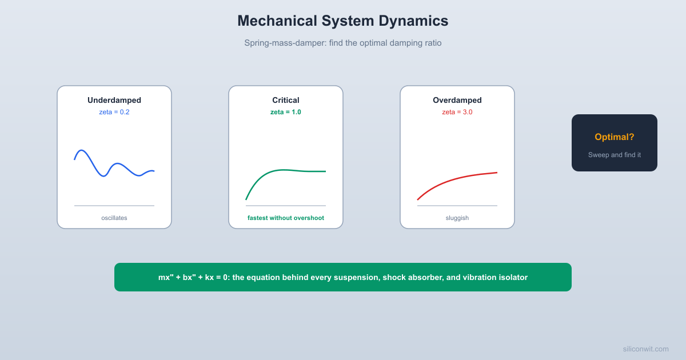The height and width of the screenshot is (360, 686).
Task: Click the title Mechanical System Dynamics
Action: [343, 21]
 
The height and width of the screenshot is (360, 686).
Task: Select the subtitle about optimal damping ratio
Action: [343, 43]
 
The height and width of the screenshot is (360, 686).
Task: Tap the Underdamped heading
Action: [114, 100]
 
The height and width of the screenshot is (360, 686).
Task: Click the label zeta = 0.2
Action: [114, 112]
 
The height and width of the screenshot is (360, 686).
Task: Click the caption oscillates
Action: [114, 218]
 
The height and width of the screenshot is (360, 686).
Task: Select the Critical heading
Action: [286, 100]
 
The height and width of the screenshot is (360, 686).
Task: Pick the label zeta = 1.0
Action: [286, 112]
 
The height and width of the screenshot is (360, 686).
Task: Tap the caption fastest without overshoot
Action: [286, 218]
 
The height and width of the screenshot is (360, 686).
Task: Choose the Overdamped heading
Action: [457, 100]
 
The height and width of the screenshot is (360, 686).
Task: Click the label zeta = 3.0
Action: [457, 112]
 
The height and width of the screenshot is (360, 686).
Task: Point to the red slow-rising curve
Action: [457, 178]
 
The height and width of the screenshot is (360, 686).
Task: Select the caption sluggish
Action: [457, 218]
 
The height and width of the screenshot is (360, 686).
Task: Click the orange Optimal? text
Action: [615, 137]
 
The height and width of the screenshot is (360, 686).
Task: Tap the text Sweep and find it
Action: [615, 155]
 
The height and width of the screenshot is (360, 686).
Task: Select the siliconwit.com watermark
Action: [645, 349]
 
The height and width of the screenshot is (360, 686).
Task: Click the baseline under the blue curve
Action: [114, 206]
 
